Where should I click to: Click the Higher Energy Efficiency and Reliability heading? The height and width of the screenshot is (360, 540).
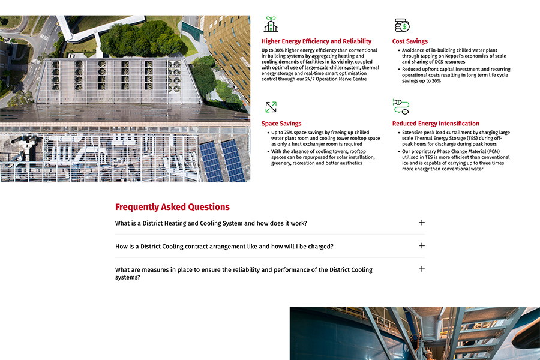pyautogui.click(x=316, y=41)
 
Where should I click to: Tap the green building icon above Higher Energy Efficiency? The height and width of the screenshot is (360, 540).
pyautogui.click(x=271, y=25)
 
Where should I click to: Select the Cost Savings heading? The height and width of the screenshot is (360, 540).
pyautogui.click(x=410, y=41)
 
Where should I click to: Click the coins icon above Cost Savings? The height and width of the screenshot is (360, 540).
pyautogui.click(x=401, y=25)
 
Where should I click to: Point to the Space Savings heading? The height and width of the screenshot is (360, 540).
pyautogui.click(x=281, y=124)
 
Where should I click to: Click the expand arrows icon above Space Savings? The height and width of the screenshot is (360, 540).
pyautogui.click(x=271, y=107)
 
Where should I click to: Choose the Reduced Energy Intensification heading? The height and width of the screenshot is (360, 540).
pyautogui.click(x=436, y=124)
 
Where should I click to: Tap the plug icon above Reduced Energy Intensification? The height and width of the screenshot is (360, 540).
pyautogui.click(x=401, y=107)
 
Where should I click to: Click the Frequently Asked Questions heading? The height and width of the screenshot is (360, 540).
pyautogui.click(x=172, y=207)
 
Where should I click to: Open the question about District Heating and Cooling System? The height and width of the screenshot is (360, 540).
pyautogui.click(x=211, y=223)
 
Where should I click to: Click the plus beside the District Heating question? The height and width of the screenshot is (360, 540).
pyautogui.click(x=422, y=223)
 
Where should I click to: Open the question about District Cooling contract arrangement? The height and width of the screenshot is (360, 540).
pyautogui.click(x=224, y=247)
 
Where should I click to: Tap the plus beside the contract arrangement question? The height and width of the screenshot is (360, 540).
pyautogui.click(x=422, y=246)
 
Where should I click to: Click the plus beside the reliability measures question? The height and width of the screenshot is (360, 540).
pyautogui.click(x=422, y=269)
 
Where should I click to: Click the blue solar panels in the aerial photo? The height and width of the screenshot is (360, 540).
pyautogui.click(x=222, y=160)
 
